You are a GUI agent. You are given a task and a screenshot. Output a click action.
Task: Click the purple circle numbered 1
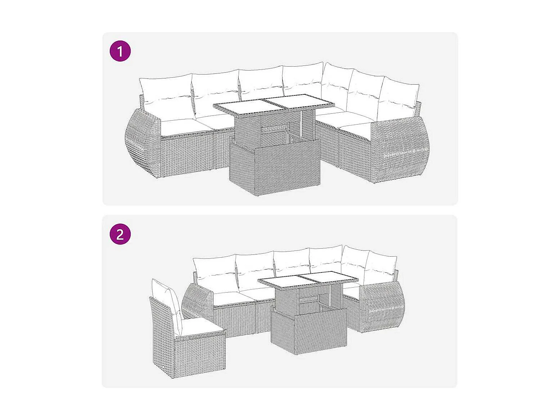point(120,51)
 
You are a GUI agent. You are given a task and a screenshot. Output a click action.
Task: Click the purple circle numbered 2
point(120,234)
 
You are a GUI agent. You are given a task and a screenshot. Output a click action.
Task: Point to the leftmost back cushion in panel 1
point(166,97)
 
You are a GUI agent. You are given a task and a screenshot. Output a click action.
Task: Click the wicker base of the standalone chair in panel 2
point(189,352)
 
